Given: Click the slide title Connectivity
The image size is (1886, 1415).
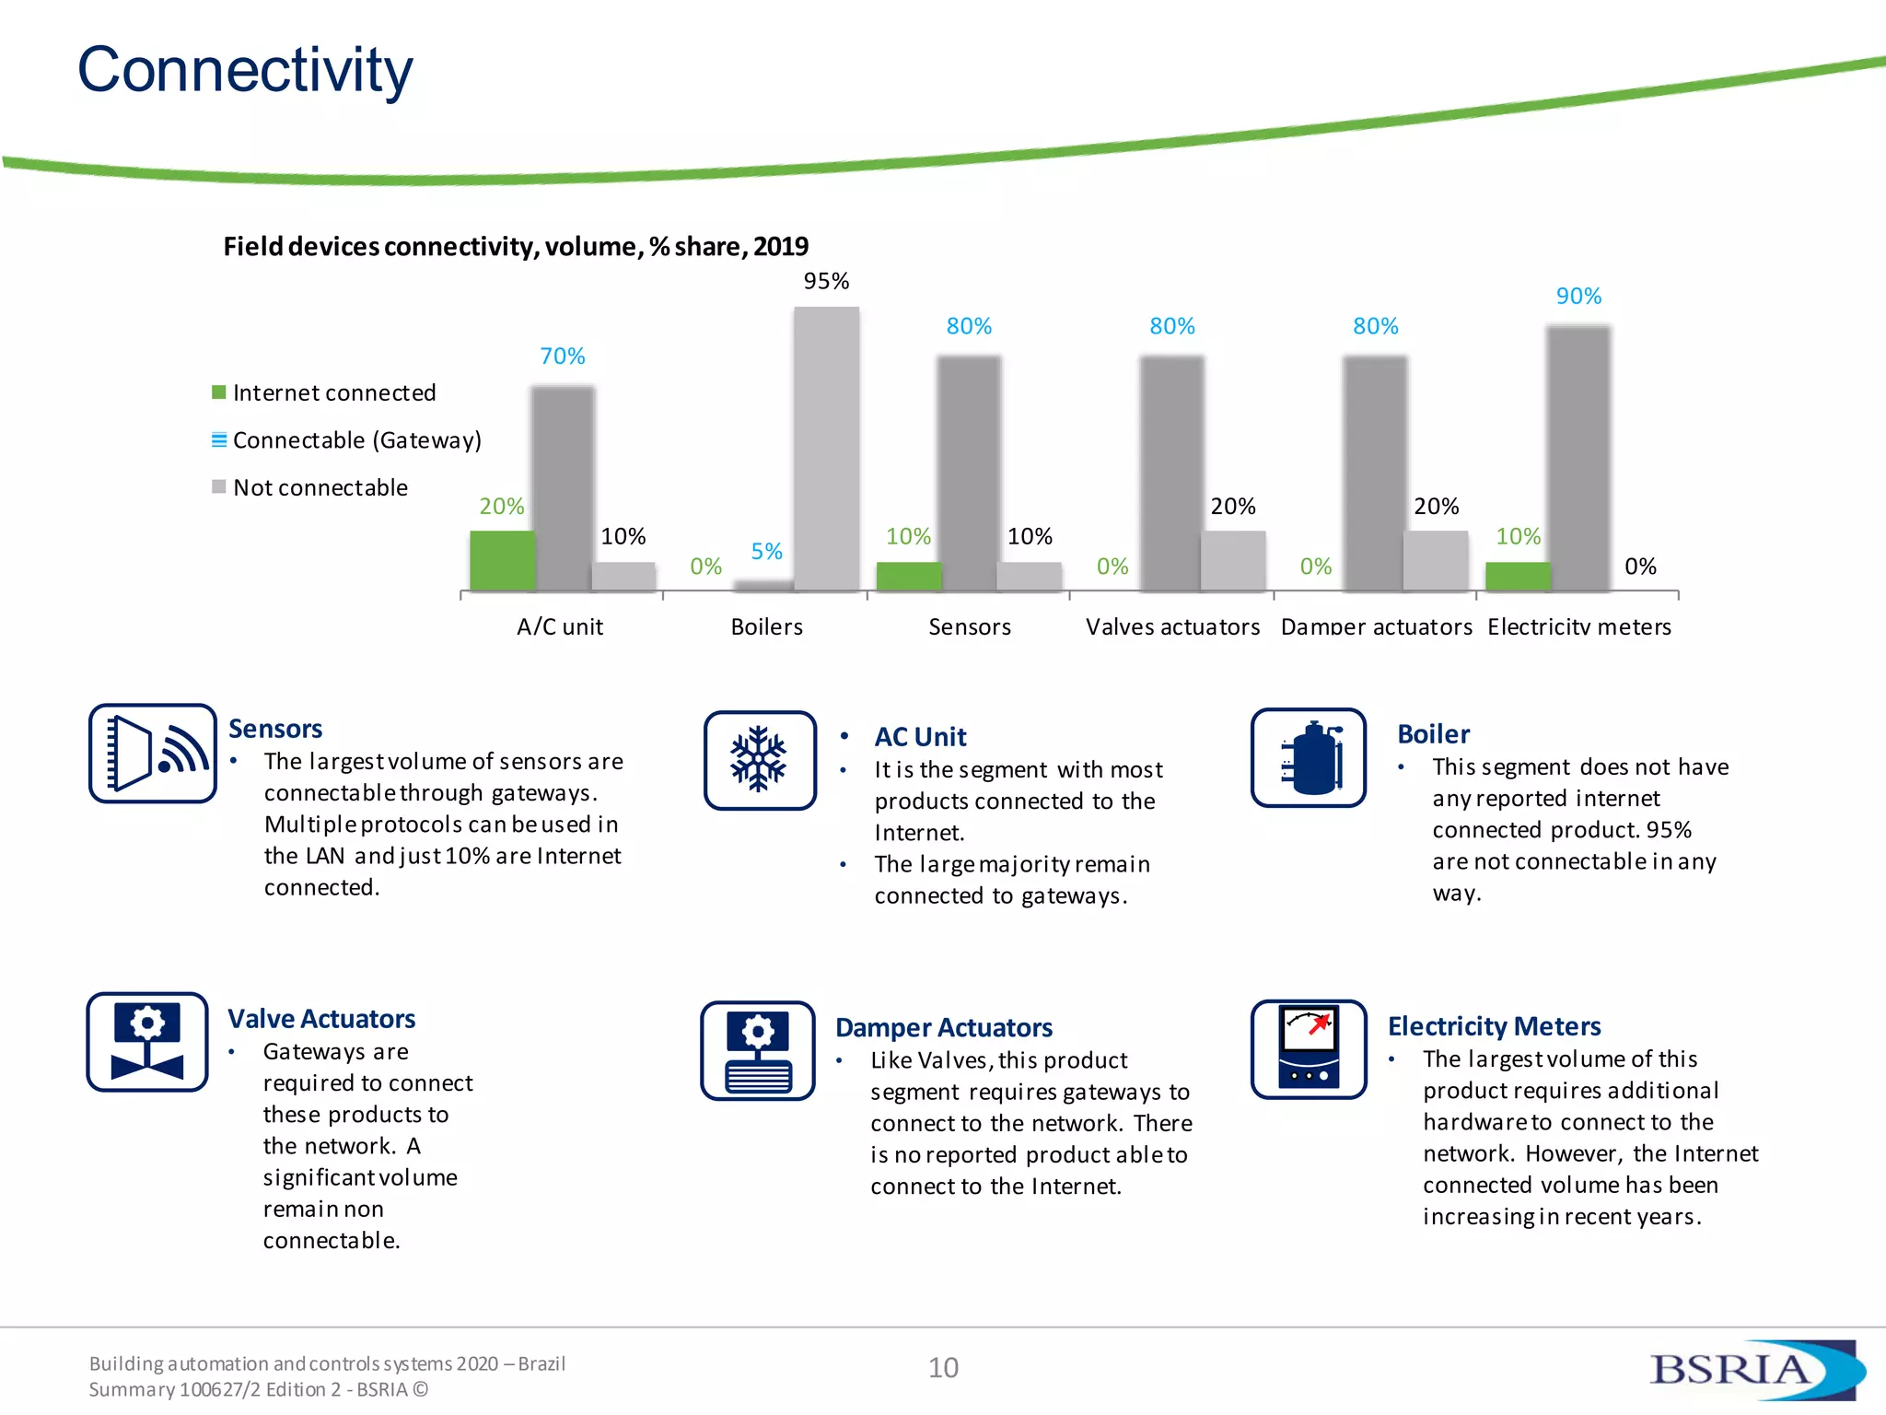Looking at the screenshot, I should tap(245, 70).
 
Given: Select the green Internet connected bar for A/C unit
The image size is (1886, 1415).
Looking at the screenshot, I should tap(502, 560).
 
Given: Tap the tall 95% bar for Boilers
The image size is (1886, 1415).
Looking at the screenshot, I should tap(826, 449).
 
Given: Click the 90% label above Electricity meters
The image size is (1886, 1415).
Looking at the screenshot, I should tap(1578, 297).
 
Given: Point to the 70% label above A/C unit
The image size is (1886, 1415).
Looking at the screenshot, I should tap(562, 357).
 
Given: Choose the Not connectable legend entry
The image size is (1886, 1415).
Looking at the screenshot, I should tap(320, 487).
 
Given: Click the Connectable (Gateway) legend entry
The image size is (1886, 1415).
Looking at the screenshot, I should tap(356, 440).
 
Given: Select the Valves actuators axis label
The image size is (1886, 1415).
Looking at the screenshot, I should tap(1172, 627).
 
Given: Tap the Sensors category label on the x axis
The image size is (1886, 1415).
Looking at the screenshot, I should tap(969, 627).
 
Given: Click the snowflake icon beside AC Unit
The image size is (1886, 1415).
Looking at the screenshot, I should tap(760, 760).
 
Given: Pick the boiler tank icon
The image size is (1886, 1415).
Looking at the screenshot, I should tap(1309, 758).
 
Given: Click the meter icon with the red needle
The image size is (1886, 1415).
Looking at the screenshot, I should tap(1309, 1049).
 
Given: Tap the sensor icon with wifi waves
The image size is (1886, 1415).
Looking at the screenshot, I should tap(153, 754).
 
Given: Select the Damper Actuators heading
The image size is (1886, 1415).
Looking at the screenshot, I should tap(943, 1027).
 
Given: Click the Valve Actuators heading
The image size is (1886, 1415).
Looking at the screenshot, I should tap(321, 1019).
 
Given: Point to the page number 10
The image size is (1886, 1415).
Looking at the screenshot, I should tap(943, 1368).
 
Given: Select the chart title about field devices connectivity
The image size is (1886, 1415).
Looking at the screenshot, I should tap(516, 247).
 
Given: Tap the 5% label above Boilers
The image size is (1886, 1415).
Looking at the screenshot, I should tap(766, 552).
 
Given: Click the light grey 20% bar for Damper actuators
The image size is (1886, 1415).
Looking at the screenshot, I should tap(1435, 560).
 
